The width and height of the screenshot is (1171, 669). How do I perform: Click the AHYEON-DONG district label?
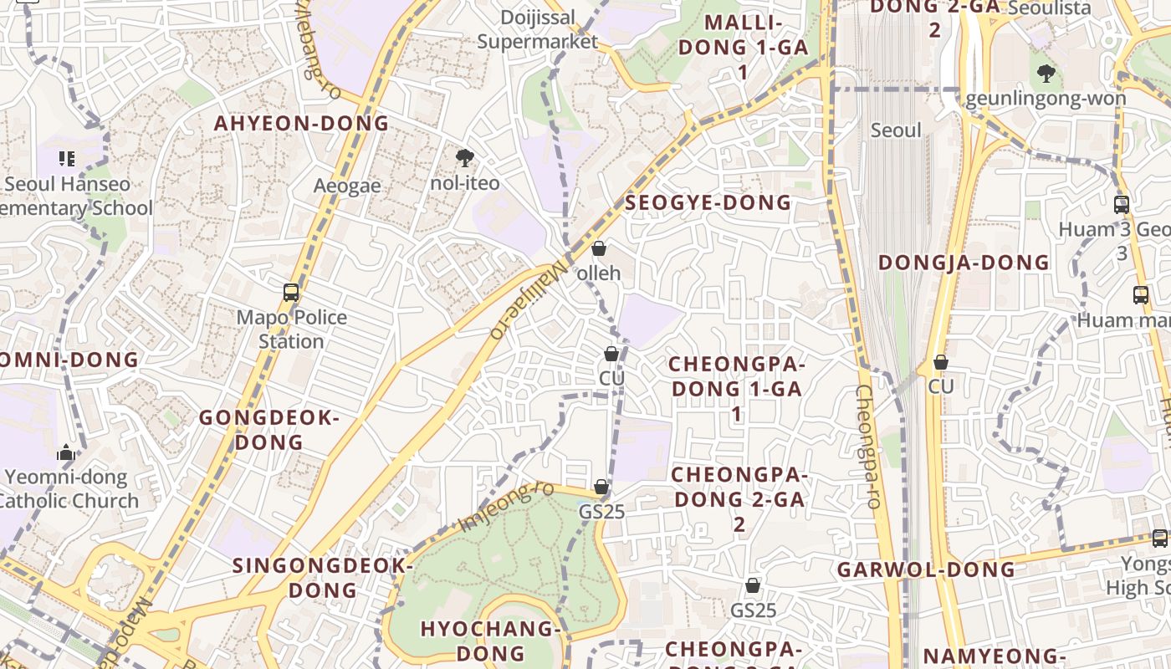click(302, 124)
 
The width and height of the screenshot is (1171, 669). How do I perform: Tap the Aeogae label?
click(347, 186)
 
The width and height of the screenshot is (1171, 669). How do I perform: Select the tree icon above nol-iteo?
click(464, 158)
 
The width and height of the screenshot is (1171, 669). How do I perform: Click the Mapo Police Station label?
click(291, 329)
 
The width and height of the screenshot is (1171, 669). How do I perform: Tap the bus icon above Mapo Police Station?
click(291, 293)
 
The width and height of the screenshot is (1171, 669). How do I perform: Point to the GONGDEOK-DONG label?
click(268, 430)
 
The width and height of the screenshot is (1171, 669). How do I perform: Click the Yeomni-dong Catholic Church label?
click(67, 489)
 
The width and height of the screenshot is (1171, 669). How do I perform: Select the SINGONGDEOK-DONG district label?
click(323, 578)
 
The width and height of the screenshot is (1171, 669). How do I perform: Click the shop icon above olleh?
click(599, 248)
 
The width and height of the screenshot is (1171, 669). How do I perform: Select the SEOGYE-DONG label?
click(708, 202)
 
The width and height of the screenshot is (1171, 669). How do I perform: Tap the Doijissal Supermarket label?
click(538, 29)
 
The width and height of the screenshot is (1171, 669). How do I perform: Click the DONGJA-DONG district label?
click(963, 263)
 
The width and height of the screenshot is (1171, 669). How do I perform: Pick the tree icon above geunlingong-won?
click(1046, 74)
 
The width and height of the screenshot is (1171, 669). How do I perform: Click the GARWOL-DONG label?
click(926, 570)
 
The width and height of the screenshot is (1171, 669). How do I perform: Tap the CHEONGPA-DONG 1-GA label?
click(736, 389)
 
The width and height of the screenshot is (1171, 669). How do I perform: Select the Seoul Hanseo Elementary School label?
click(71, 196)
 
